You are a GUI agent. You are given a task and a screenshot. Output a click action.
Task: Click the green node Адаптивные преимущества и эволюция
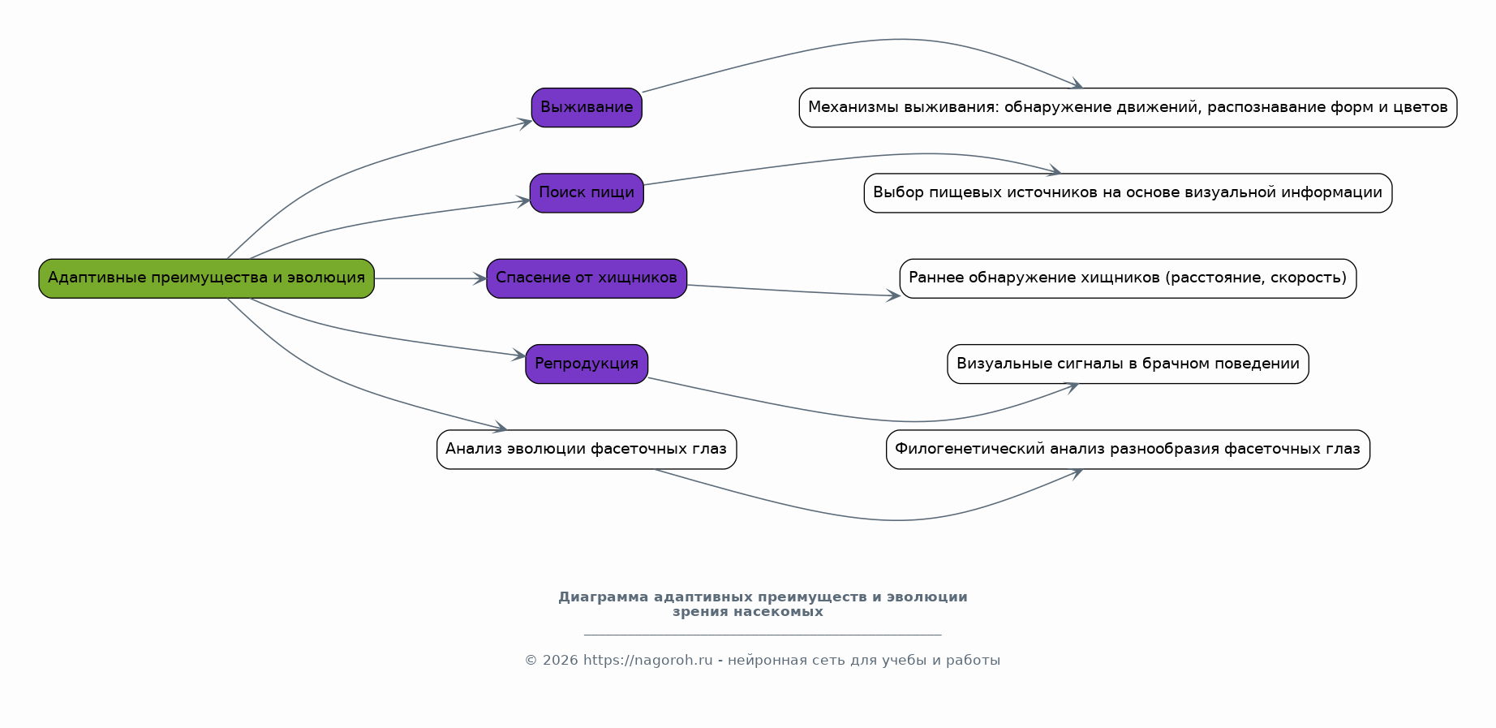point(206,278)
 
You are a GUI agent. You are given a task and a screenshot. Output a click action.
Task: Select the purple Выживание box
point(587,107)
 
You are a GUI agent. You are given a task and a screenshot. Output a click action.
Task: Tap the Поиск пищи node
point(587,193)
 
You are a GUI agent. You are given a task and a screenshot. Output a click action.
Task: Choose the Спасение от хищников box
point(587,278)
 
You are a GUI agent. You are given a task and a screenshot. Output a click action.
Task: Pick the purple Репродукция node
point(587,364)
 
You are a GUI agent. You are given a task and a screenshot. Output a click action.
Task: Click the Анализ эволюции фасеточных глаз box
point(587,450)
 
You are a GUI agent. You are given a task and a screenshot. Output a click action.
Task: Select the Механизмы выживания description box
point(1128,107)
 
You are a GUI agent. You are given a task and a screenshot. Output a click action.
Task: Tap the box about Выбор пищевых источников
point(1128,193)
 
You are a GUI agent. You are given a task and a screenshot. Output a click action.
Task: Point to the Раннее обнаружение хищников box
point(1128,278)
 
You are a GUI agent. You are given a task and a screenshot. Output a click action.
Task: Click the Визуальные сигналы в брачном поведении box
point(1128,364)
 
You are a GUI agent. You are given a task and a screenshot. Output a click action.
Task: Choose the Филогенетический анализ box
point(1128,450)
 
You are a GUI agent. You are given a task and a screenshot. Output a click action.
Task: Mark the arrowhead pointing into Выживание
point(525,123)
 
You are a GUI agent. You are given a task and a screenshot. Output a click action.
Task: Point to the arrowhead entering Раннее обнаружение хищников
point(893,295)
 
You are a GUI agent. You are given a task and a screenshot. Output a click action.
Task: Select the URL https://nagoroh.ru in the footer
point(647,661)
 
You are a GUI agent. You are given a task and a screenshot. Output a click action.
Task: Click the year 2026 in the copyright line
point(561,661)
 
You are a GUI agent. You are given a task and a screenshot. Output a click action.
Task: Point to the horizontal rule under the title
point(763,635)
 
